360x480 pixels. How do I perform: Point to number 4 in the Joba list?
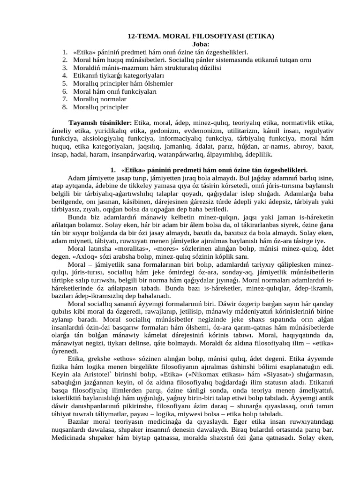[64, 75]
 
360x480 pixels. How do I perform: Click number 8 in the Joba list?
[64, 107]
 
